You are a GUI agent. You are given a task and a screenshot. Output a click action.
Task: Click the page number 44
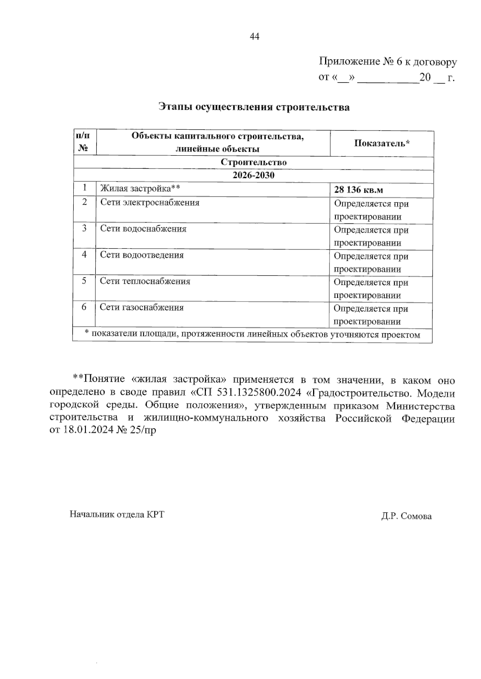coord(255,37)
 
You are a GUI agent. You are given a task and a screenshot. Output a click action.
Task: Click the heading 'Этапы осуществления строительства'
coord(254,107)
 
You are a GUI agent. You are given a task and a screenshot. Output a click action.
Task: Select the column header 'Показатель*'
coord(382,143)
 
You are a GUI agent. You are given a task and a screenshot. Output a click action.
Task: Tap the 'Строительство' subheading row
coord(254,163)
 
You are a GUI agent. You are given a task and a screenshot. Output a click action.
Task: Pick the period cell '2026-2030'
coord(254,175)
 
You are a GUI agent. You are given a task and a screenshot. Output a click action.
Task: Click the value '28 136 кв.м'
coord(358,190)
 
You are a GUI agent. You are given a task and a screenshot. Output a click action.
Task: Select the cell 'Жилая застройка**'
coord(139,188)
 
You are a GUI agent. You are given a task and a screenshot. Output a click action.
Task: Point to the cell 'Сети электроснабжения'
coord(150,203)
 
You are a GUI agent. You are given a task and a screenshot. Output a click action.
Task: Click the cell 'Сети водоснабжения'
coord(143,229)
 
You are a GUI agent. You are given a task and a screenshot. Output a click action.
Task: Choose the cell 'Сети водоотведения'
coord(141,255)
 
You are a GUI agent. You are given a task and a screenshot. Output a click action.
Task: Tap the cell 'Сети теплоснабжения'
coord(145,281)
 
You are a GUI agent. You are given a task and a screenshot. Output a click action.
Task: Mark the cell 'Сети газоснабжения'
coord(141,307)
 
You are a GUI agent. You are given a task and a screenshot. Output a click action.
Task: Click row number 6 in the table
coord(84,307)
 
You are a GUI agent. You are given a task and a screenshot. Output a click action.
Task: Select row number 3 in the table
coord(84,229)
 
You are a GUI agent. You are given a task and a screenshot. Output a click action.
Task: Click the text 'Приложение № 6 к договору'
coord(388,62)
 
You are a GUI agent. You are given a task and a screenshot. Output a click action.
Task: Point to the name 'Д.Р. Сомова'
coord(406,516)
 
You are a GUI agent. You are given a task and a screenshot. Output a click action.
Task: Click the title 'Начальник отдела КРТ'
coord(117,514)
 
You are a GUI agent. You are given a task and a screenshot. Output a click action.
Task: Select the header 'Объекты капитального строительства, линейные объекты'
coord(218,143)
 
